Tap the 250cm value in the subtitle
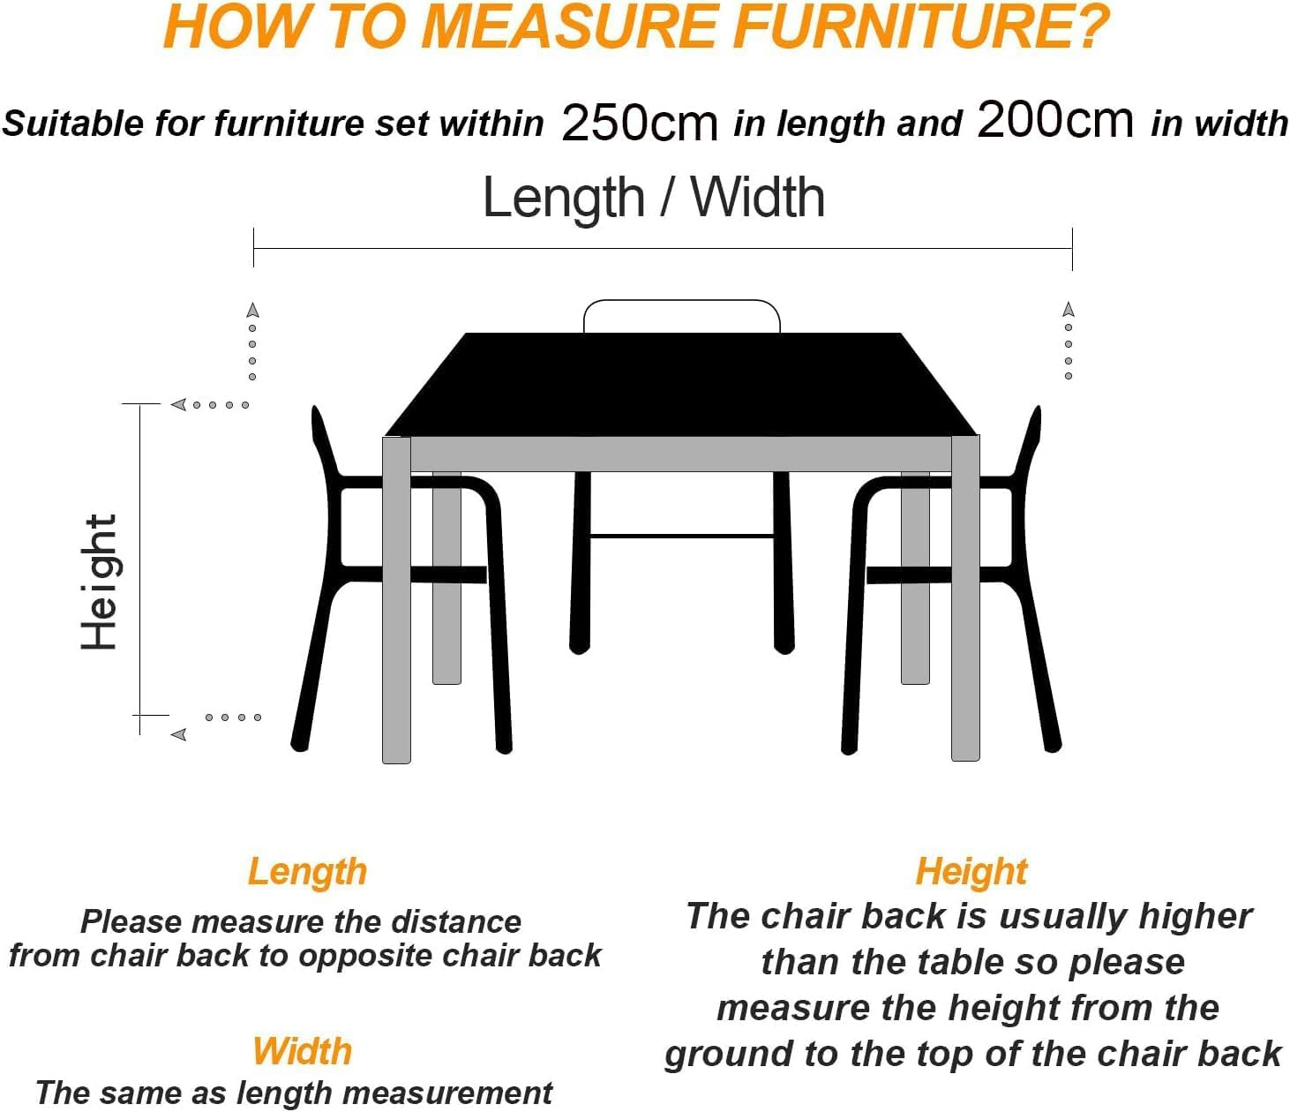coord(639,122)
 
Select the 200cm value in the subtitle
coord(1054,120)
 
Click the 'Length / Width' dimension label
coord(653,198)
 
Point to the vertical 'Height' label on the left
coord(99,582)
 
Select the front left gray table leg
coord(396,600)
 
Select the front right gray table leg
coord(965,600)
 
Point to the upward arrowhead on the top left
coord(253,310)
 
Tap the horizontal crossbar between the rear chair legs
coord(681,536)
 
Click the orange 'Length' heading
coord(307,871)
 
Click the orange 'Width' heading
coord(302,1051)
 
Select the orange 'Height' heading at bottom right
coord(971,871)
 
